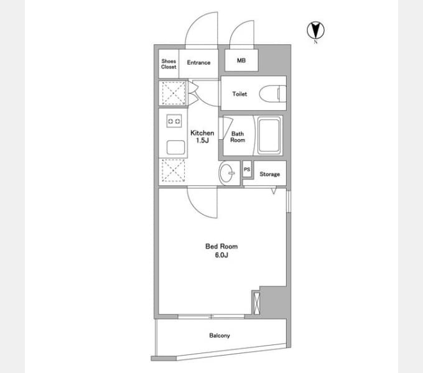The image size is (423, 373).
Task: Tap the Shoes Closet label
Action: pyautogui.click(x=169, y=64)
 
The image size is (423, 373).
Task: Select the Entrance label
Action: pyautogui.click(x=198, y=63)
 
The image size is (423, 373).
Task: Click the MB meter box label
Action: pyautogui.click(x=241, y=60)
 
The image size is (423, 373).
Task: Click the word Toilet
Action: pyautogui.click(x=239, y=94)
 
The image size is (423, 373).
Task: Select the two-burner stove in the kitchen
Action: pyautogui.click(x=174, y=121)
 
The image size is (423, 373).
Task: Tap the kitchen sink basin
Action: pyautogui.click(x=175, y=147)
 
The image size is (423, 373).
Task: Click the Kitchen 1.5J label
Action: pyautogui.click(x=202, y=137)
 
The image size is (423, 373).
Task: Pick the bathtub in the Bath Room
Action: pyautogui.click(x=269, y=135)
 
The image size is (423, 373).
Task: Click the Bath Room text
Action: pyautogui.click(x=238, y=137)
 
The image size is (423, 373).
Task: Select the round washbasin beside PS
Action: pyautogui.click(x=227, y=173)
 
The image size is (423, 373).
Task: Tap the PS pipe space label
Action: pyautogui.click(x=247, y=170)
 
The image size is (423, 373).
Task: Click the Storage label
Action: pyautogui.click(x=269, y=174)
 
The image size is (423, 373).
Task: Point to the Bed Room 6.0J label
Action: pyautogui.click(x=221, y=251)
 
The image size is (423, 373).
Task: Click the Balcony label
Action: pyautogui.click(x=220, y=336)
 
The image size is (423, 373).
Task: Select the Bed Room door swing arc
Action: pyautogui.click(x=197, y=210)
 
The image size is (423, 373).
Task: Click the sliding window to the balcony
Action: pyautogui.click(x=211, y=316)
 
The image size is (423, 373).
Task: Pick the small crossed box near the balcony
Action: pyautogui.click(x=256, y=303)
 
